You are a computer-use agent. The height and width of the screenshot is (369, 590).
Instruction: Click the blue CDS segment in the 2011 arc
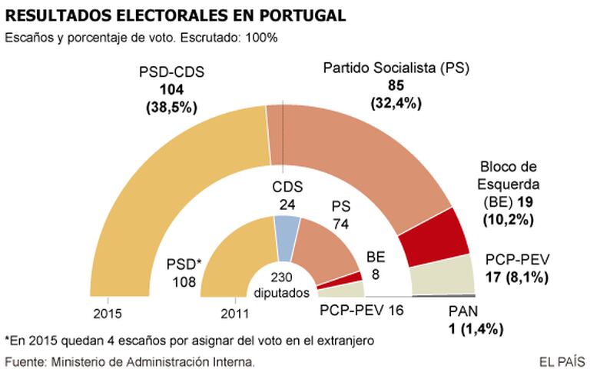pyautogui.click(x=287, y=228)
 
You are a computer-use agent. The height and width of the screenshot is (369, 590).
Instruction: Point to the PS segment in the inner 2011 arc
pyautogui.click(x=326, y=246)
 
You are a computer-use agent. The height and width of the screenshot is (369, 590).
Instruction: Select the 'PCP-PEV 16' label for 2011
pyautogui.click(x=362, y=311)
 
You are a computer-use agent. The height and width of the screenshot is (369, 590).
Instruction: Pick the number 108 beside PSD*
pyautogui.click(x=184, y=281)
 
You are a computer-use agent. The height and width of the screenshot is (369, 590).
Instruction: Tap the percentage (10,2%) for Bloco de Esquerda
pyautogui.click(x=507, y=219)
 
